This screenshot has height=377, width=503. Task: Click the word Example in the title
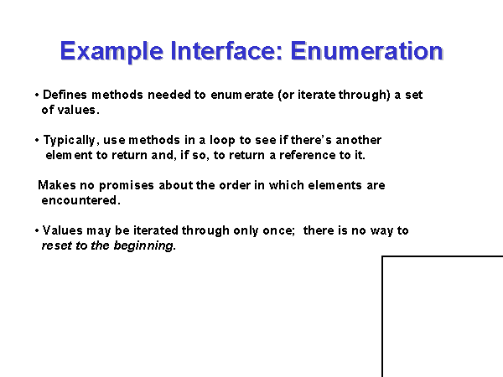coord(111,51)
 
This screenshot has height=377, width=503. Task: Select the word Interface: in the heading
coord(226,50)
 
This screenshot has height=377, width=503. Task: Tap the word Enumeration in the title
coord(366,50)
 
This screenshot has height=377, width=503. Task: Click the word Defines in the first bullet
coord(65,95)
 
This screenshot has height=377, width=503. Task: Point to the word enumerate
coord(242,95)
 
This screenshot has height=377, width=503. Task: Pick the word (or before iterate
coord(286,96)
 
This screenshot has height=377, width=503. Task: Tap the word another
coord(358,140)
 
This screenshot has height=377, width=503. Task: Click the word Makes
coord(57,185)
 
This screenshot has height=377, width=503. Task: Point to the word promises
coord(127,186)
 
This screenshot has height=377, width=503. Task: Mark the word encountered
coord(80,200)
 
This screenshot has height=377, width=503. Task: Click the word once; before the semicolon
coord(279,231)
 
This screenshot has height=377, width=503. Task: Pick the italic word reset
coord(57,245)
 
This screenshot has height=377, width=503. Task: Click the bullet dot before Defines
coord(37,95)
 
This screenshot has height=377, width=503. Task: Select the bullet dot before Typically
coord(37,140)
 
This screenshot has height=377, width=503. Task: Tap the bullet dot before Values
coord(37,230)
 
